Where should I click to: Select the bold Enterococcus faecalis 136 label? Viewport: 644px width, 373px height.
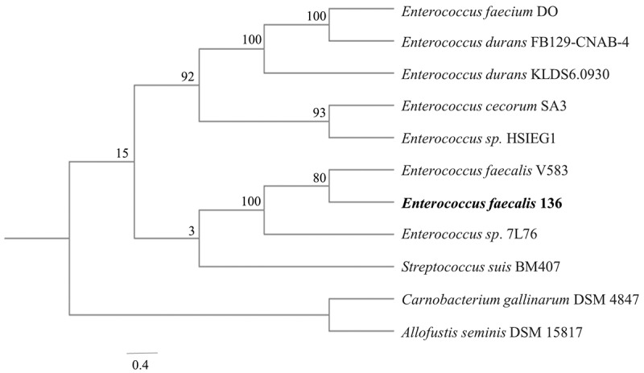point(469,203)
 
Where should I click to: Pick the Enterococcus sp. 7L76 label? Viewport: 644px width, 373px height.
point(457,234)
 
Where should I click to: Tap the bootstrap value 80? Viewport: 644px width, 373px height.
point(320,158)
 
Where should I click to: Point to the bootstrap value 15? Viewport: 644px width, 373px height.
point(125,153)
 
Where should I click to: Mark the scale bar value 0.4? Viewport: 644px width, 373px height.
point(141,363)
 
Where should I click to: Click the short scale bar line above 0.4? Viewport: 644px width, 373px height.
point(141,353)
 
